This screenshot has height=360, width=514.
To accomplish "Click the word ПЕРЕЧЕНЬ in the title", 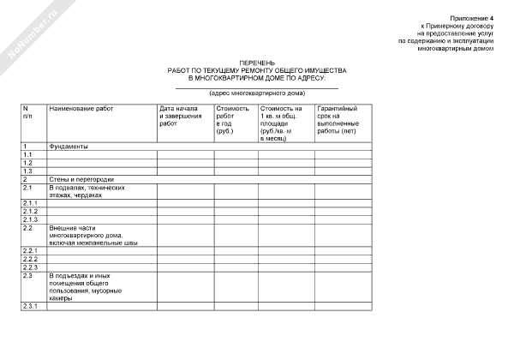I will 257,63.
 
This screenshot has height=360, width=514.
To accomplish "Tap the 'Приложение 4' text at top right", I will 471,17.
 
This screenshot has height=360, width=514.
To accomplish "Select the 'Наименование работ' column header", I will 81,110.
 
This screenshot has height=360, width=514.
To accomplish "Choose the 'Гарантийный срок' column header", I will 339,120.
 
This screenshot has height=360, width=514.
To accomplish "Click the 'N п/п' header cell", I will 27,113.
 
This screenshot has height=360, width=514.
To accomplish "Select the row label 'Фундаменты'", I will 69,146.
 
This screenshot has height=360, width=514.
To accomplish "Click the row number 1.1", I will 27,154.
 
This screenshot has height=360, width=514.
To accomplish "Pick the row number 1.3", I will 27,171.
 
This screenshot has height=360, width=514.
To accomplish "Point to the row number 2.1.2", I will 30,211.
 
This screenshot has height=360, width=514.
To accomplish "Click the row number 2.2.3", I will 30,267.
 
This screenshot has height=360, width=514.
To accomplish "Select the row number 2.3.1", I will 30,306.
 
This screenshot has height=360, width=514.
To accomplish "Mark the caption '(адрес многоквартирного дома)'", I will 256,93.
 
